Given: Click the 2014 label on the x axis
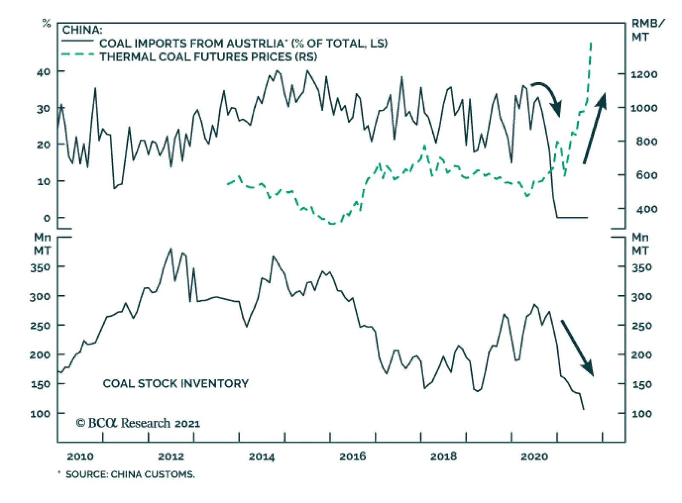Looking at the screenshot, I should click(261, 457).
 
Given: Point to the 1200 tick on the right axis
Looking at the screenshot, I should click(644, 75).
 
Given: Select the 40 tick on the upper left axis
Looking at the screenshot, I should click(43, 72).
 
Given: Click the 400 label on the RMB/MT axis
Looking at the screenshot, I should click(647, 209).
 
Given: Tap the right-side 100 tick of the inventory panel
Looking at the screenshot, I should click(642, 414).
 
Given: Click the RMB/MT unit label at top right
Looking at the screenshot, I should click(647, 30).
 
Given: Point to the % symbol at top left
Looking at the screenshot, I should click(46, 23).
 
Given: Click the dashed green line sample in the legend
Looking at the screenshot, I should click(77, 55).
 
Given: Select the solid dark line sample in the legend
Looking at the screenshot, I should click(77, 41).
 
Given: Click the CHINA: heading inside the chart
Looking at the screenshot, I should click(82, 30).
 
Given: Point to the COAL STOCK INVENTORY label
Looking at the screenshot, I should click(176, 383).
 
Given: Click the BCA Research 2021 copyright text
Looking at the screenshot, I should click(138, 423).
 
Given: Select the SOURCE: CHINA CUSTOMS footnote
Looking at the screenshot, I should click(130, 474).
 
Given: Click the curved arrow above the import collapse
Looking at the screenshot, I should click(548, 96).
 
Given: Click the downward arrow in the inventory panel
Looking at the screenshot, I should click(577, 348).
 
